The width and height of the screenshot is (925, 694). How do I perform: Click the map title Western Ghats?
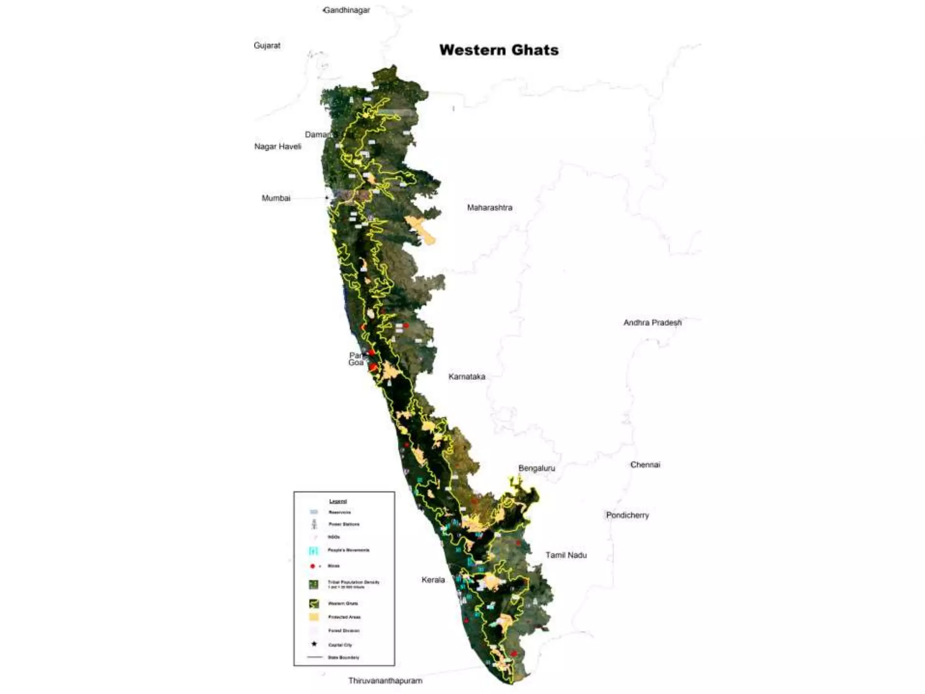tap(499, 50)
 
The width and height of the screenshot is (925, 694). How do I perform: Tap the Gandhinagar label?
tap(347, 10)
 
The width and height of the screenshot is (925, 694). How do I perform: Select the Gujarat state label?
tap(267, 45)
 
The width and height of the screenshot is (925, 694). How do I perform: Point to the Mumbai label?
tap(276, 198)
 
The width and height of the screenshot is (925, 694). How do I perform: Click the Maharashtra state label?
tap(490, 208)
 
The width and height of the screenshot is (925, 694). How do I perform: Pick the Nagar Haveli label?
tap(277, 146)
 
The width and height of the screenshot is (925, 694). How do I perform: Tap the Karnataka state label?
tap(467, 376)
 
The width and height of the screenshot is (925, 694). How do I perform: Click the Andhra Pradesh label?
tap(652, 323)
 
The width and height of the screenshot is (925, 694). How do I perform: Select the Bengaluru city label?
tap(537, 468)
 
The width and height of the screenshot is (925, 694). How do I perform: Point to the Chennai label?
tap(645, 464)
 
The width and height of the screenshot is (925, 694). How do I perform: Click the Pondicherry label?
tap(627, 515)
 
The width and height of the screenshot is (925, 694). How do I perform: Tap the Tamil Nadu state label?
tap(566, 555)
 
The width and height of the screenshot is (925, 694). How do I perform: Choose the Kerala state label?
tap(433, 580)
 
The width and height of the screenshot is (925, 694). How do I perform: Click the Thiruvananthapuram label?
tap(385, 680)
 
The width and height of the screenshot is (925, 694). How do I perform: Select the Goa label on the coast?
tap(355, 363)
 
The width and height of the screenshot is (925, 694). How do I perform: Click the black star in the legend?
tap(314, 644)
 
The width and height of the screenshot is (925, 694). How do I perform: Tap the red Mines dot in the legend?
tap(312, 566)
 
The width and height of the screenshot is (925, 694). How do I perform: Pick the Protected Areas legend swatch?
tap(314, 617)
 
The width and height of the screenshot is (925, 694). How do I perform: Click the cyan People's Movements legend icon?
tap(314, 550)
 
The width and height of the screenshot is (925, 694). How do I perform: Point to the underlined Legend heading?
tap(338, 501)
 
